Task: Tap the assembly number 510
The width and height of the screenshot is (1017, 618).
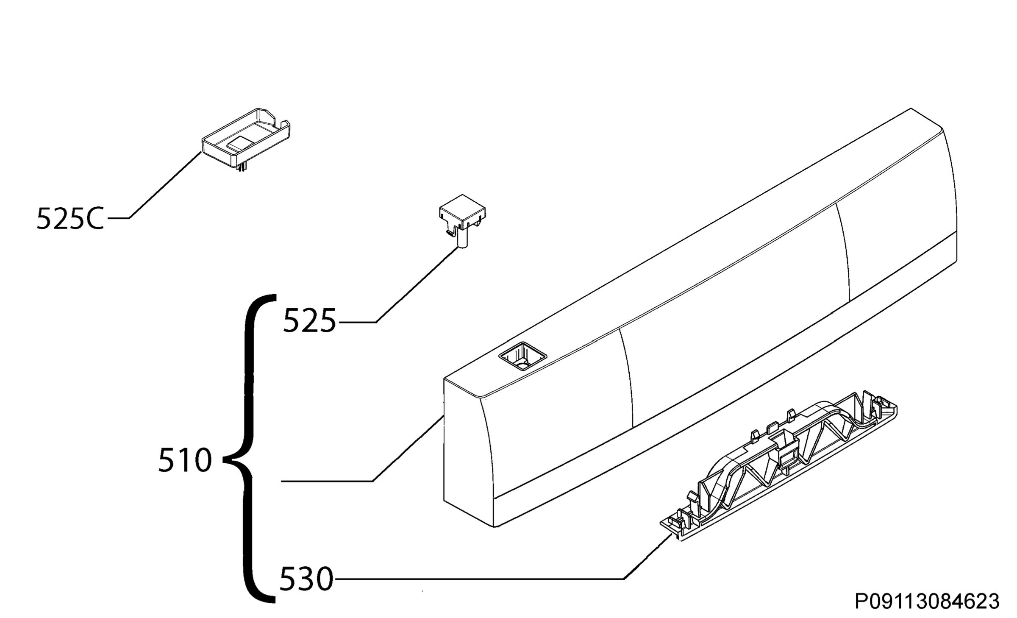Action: tap(185, 461)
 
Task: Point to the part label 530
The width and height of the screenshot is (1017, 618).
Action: tap(306, 579)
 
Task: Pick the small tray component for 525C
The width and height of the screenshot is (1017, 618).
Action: tap(246, 140)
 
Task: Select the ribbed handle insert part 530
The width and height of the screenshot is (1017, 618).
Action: tap(779, 468)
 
